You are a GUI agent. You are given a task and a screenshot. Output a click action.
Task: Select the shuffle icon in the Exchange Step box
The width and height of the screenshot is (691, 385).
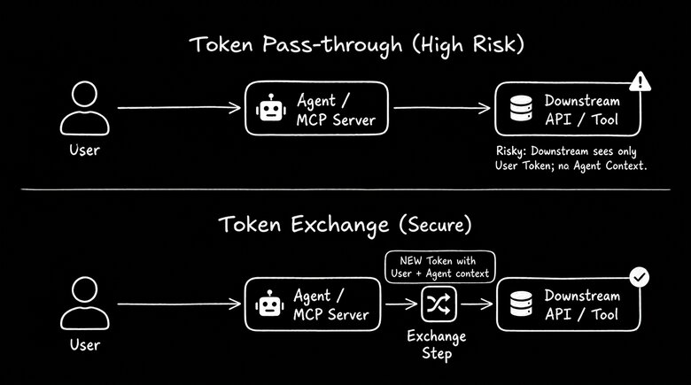[436, 304]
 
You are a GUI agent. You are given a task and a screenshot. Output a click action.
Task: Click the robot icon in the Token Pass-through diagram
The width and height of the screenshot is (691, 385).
[268, 109]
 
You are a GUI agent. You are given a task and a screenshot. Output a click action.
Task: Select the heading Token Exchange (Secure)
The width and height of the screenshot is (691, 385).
[345, 227]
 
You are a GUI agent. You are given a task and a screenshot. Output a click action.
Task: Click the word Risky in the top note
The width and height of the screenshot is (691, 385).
[512, 151]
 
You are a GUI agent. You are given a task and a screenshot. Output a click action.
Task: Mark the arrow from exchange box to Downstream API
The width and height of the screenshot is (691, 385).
[475, 305]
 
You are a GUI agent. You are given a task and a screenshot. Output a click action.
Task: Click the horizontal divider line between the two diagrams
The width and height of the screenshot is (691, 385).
[345, 189]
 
